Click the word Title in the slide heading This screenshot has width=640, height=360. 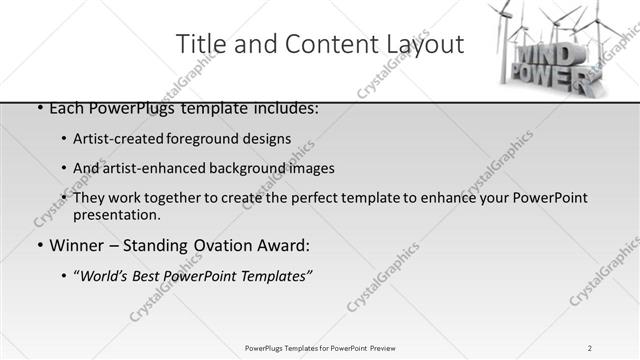click(x=199, y=44)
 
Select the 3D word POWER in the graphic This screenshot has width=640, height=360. click(x=549, y=77)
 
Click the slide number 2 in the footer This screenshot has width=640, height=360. click(x=590, y=348)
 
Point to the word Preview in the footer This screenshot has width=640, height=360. click(x=382, y=348)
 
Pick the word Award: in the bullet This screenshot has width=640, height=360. click(x=283, y=245)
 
